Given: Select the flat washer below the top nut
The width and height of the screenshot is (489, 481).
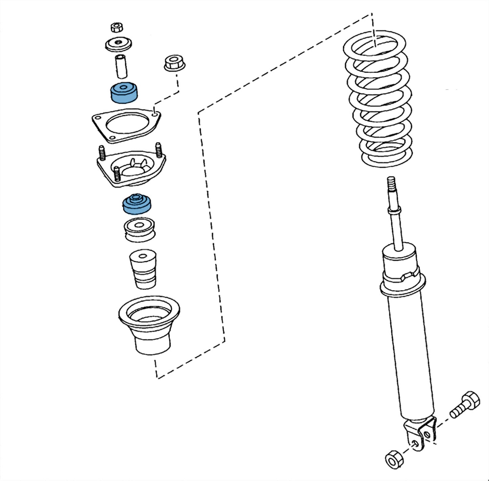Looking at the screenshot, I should tap(118, 44).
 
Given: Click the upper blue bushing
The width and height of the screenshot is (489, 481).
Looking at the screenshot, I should tap(124, 93).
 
